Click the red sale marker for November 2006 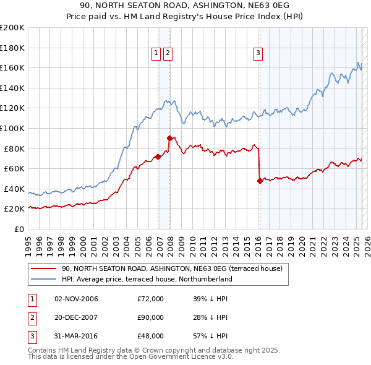tap(158, 157)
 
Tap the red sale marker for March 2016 tap(259, 181)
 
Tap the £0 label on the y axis tap(19, 229)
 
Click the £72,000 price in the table tap(150, 299)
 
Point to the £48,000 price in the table tap(150, 336)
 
